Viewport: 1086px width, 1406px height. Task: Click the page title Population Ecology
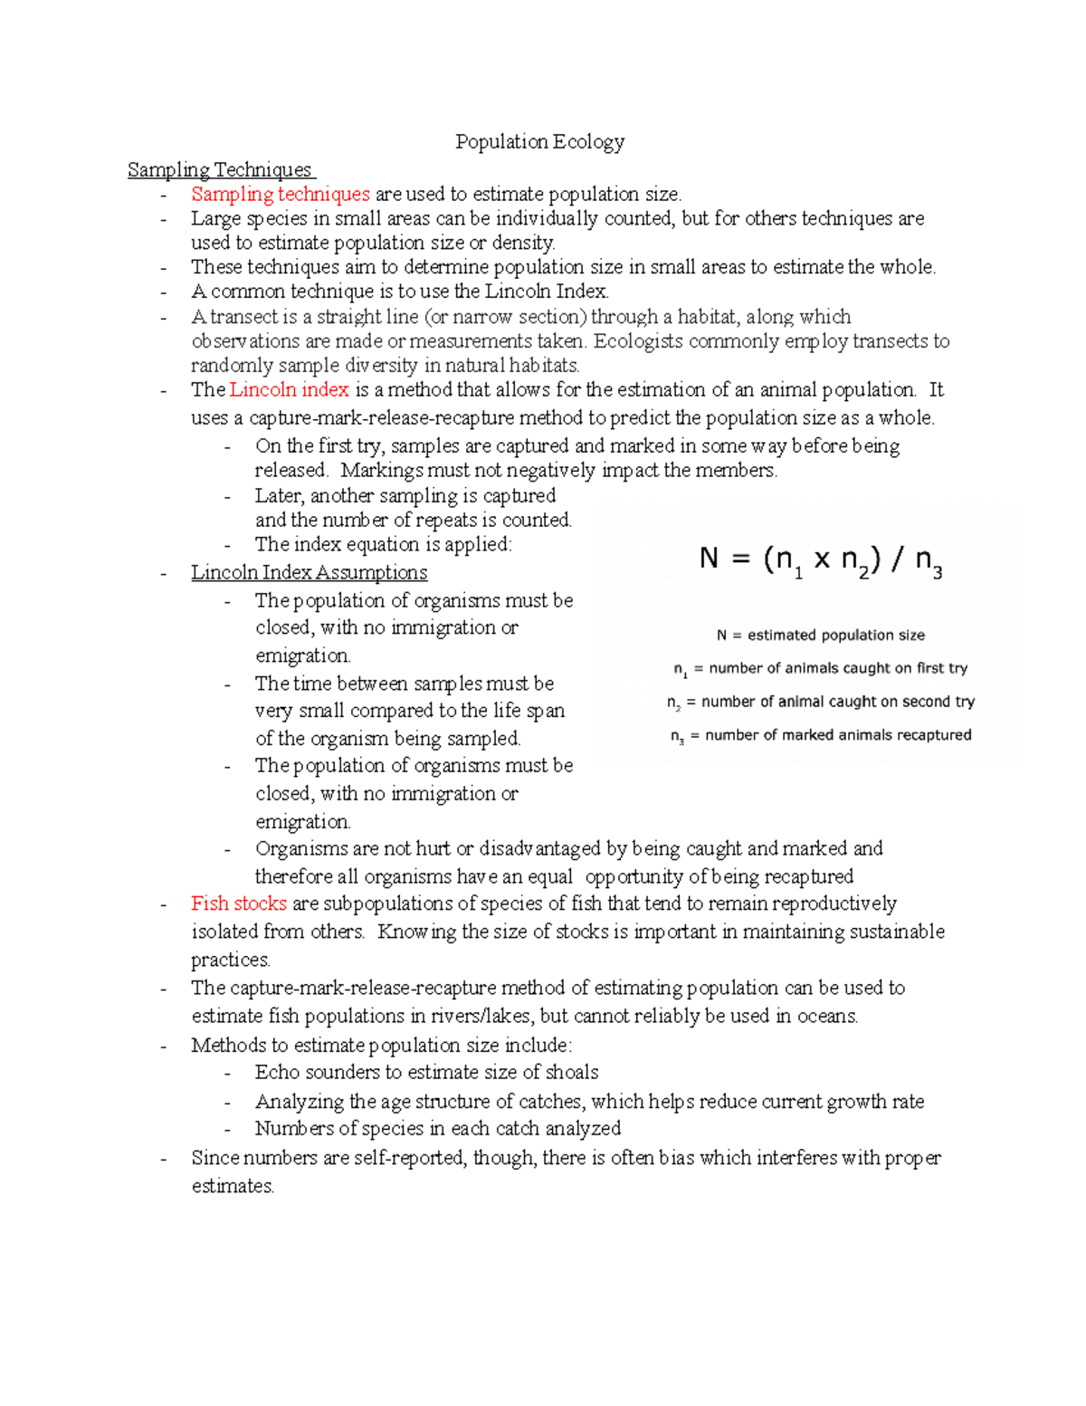coord(539,142)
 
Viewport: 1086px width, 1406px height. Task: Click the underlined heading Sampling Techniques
coord(220,170)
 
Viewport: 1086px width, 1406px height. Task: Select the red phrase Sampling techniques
coord(280,194)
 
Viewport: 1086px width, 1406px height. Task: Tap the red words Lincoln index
coord(290,390)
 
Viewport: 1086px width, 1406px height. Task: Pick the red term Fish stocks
coord(239,904)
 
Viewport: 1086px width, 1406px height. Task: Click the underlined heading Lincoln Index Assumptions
coord(309,573)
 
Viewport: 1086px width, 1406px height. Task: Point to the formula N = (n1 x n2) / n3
coord(820,560)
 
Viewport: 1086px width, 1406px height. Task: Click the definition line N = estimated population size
coord(820,636)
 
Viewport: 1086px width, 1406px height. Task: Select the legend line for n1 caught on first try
coord(820,669)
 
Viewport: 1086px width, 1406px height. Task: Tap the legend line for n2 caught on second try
coord(820,703)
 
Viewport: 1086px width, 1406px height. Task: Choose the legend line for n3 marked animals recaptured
coord(820,736)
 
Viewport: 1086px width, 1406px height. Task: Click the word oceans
coord(827,1017)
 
